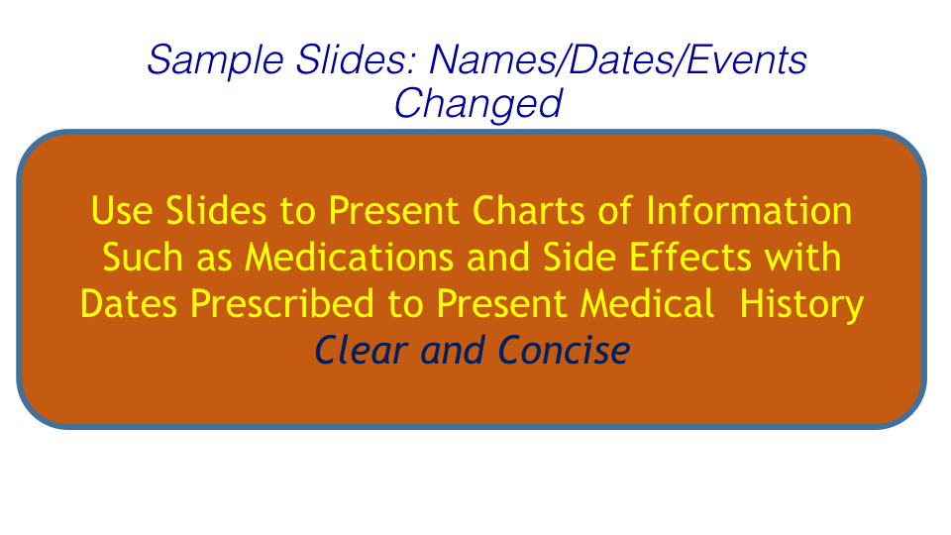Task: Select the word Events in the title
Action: point(747,59)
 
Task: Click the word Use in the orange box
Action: point(121,210)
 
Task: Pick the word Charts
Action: point(528,210)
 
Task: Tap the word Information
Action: point(749,210)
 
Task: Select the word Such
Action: point(143,257)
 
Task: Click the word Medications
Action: point(349,257)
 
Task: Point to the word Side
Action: point(579,257)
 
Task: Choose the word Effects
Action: point(690,257)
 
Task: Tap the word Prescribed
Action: point(282,303)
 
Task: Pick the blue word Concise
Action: point(564,350)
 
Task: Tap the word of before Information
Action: point(615,210)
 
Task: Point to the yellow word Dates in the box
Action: point(129,303)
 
